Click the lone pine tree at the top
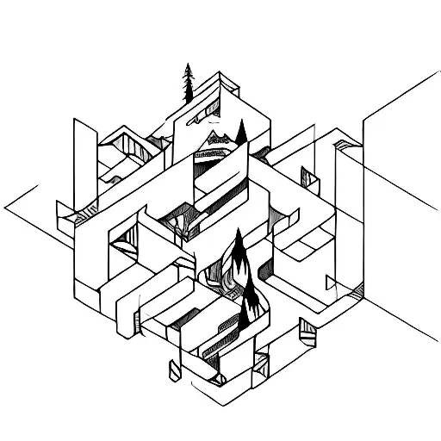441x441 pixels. click(x=186, y=84)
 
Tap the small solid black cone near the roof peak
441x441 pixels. click(x=241, y=132)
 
